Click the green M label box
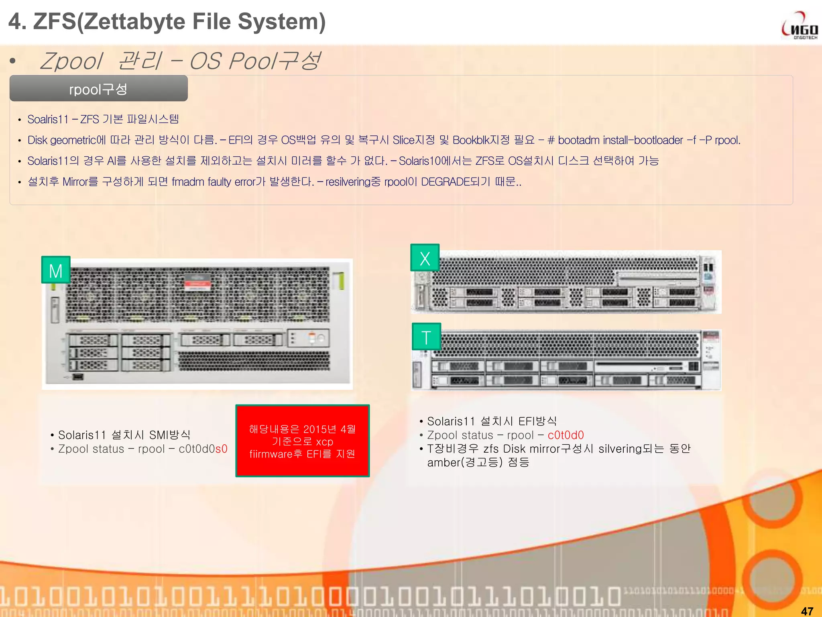coord(56,270)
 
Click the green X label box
coord(425,257)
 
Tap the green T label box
coord(426,337)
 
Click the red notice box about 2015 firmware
coord(302,441)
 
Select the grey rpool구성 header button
coord(98,88)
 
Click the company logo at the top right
coord(800,26)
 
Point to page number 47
coord(807,611)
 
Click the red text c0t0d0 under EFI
coord(566,435)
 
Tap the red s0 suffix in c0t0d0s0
coord(222,449)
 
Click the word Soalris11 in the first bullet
coord(48,119)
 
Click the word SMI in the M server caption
coord(159,435)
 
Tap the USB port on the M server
coord(77,376)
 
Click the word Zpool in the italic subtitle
coord(71,61)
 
